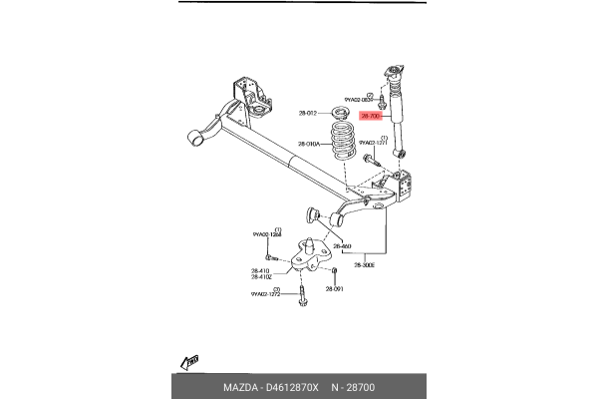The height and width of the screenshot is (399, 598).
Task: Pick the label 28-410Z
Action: point(262,276)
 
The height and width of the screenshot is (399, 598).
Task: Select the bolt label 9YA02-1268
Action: point(265,234)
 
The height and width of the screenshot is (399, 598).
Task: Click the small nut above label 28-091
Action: point(335,270)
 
